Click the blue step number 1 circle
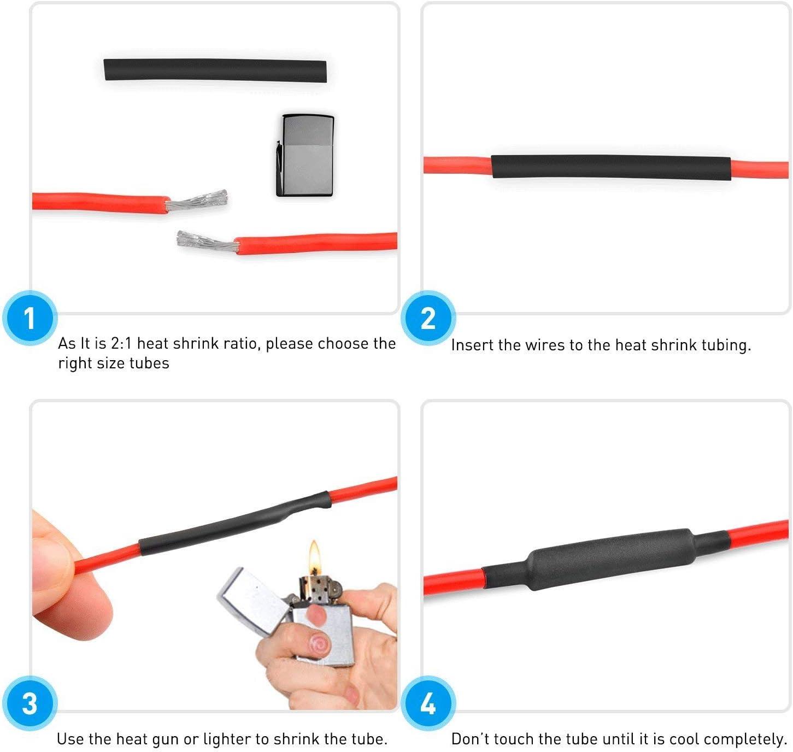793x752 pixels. tap(30, 319)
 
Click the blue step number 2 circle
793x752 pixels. tap(428, 319)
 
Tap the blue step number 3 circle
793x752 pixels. tap(30, 703)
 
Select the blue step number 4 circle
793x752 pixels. tap(428, 703)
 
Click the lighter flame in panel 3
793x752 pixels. tap(314, 557)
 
